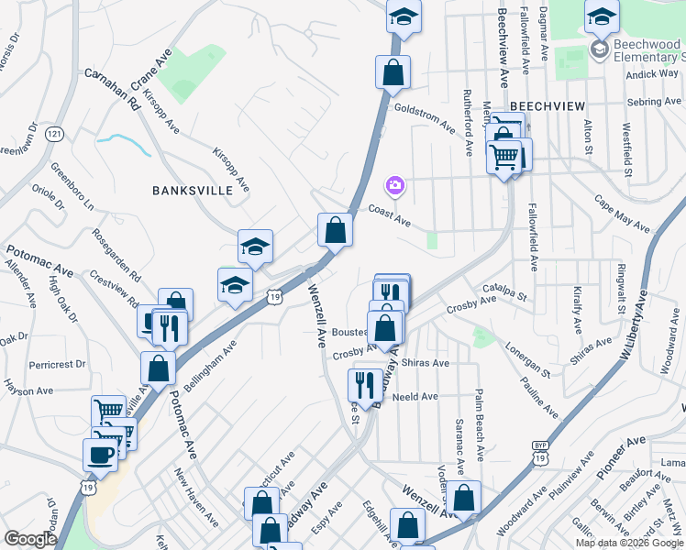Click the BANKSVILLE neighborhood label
187,191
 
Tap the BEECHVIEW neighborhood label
548,106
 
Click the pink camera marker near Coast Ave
395,186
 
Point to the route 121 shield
56,134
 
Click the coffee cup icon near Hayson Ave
100,454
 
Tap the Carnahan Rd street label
112,88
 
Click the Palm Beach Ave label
479,424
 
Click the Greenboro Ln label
72,186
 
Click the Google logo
31,538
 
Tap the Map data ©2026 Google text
628,543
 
